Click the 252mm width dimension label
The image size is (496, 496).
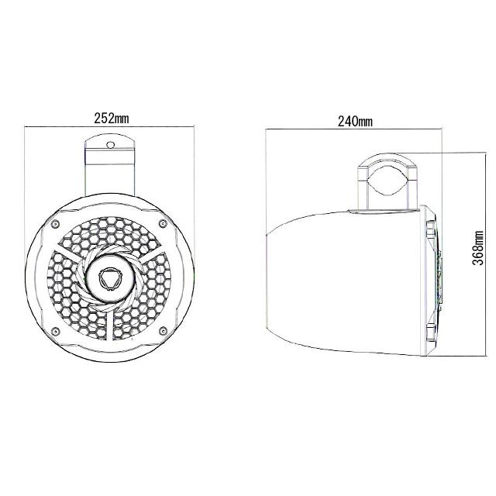click(x=111, y=119)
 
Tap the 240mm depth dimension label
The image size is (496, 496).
click(x=354, y=122)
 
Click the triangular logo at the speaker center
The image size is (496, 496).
click(x=110, y=277)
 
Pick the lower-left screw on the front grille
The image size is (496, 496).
click(x=57, y=331)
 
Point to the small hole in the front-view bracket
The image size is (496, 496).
click(x=111, y=145)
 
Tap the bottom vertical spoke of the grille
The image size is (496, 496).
click(x=110, y=325)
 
